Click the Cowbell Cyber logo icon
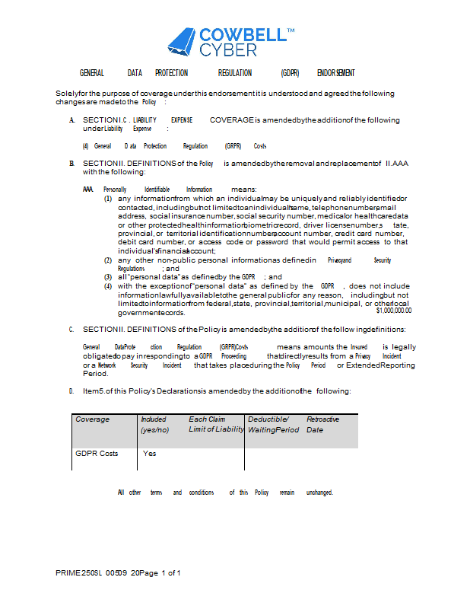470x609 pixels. click(181, 42)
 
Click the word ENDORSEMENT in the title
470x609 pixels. click(335, 73)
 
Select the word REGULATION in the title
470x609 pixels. click(234, 73)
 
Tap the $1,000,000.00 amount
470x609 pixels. click(393, 311)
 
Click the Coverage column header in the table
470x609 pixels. click(92, 419)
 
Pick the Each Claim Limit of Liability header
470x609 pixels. click(216, 425)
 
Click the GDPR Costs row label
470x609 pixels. click(97, 454)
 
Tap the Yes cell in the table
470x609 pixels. click(150, 454)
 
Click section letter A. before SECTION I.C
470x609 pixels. click(71, 120)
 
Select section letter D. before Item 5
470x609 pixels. click(71, 391)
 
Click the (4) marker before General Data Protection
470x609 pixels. click(86, 146)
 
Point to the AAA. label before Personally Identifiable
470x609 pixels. click(88, 190)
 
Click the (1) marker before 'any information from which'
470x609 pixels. click(108, 199)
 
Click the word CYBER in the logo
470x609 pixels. click(228, 49)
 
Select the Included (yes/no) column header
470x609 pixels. click(154, 425)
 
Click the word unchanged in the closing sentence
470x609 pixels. click(319, 493)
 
